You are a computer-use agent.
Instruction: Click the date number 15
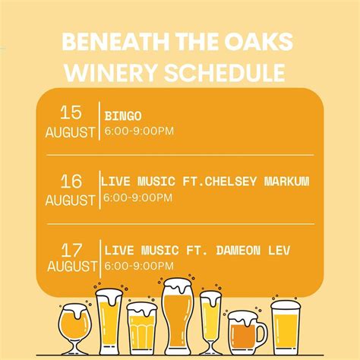point(71,113)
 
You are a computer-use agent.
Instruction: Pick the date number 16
point(71,181)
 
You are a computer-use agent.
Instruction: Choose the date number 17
point(72,248)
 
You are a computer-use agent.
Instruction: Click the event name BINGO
point(123,116)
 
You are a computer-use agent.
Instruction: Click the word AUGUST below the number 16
point(71,201)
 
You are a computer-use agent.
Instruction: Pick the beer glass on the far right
point(286,327)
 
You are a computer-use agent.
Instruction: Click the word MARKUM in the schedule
point(289,182)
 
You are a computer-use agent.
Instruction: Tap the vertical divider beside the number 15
point(99,120)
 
